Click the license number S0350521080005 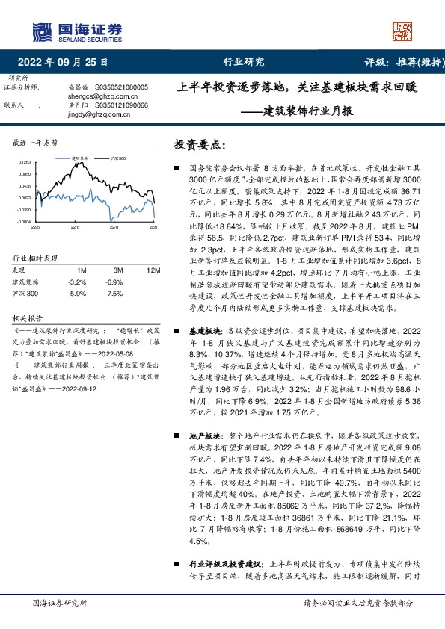click(123, 87)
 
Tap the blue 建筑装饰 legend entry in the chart click(79, 158)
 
